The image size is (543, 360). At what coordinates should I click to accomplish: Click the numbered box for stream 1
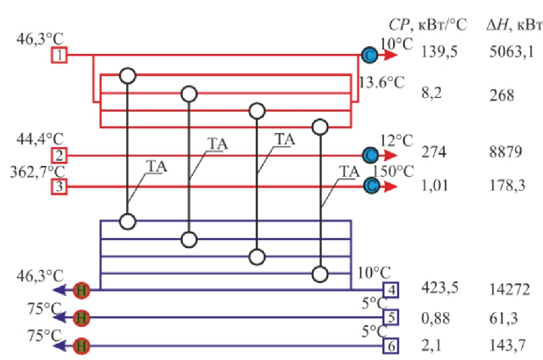point(59,55)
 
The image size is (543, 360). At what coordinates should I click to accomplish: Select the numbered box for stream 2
point(59,155)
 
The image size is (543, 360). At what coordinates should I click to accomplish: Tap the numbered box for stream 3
point(59,187)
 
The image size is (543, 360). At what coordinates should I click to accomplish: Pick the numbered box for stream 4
point(390,290)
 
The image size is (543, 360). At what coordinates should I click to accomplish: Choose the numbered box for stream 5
point(390,318)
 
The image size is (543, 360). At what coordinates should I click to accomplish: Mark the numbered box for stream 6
point(390,346)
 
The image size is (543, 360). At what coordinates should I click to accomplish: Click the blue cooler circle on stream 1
point(370,55)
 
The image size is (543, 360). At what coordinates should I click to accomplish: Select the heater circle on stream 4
point(82,290)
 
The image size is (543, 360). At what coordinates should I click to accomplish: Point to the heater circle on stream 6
point(82,346)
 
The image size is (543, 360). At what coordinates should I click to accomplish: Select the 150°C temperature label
point(393,170)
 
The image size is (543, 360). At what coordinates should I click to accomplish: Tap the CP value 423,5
point(439,288)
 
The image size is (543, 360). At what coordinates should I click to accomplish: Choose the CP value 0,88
point(434,318)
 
